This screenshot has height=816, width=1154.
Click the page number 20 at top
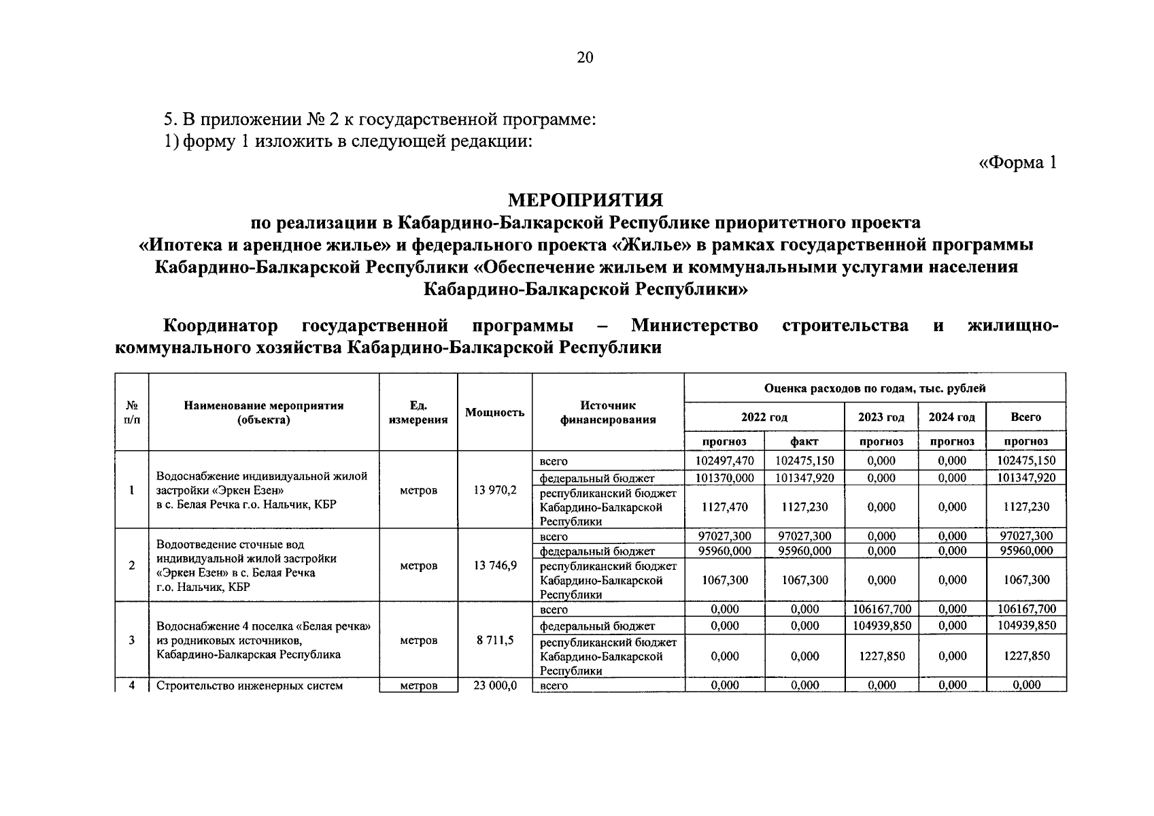click(585, 58)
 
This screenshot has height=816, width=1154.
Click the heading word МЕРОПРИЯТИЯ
click(585, 200)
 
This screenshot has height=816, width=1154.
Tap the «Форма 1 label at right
click(1017, 163)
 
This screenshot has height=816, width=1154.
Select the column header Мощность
click(494, 412)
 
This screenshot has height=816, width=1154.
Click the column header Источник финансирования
click(608, 412)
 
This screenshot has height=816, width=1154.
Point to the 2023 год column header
click(881, 417)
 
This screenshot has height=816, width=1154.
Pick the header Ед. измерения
click(418, 412)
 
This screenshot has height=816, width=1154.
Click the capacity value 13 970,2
click(494, 490)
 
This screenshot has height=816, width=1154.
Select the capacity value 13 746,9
click(494, 565)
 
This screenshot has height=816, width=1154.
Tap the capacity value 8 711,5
click(494, 640)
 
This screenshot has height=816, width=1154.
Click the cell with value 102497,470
click(725, 460)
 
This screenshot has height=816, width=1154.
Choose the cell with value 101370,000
click(725, 477)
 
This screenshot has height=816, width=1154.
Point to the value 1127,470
click(725, 507)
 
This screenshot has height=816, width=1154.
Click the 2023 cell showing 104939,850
click(881, 626)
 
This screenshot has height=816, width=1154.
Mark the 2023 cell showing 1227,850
click(881, 656)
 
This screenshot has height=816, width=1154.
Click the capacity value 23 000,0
click(494, 685)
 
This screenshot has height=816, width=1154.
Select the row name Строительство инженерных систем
click(250, 685)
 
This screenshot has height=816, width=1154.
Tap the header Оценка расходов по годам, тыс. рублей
click(875, 388)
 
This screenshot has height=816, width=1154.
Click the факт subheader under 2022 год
click(804, 441)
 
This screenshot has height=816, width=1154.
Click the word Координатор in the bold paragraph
click(220, 326)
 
